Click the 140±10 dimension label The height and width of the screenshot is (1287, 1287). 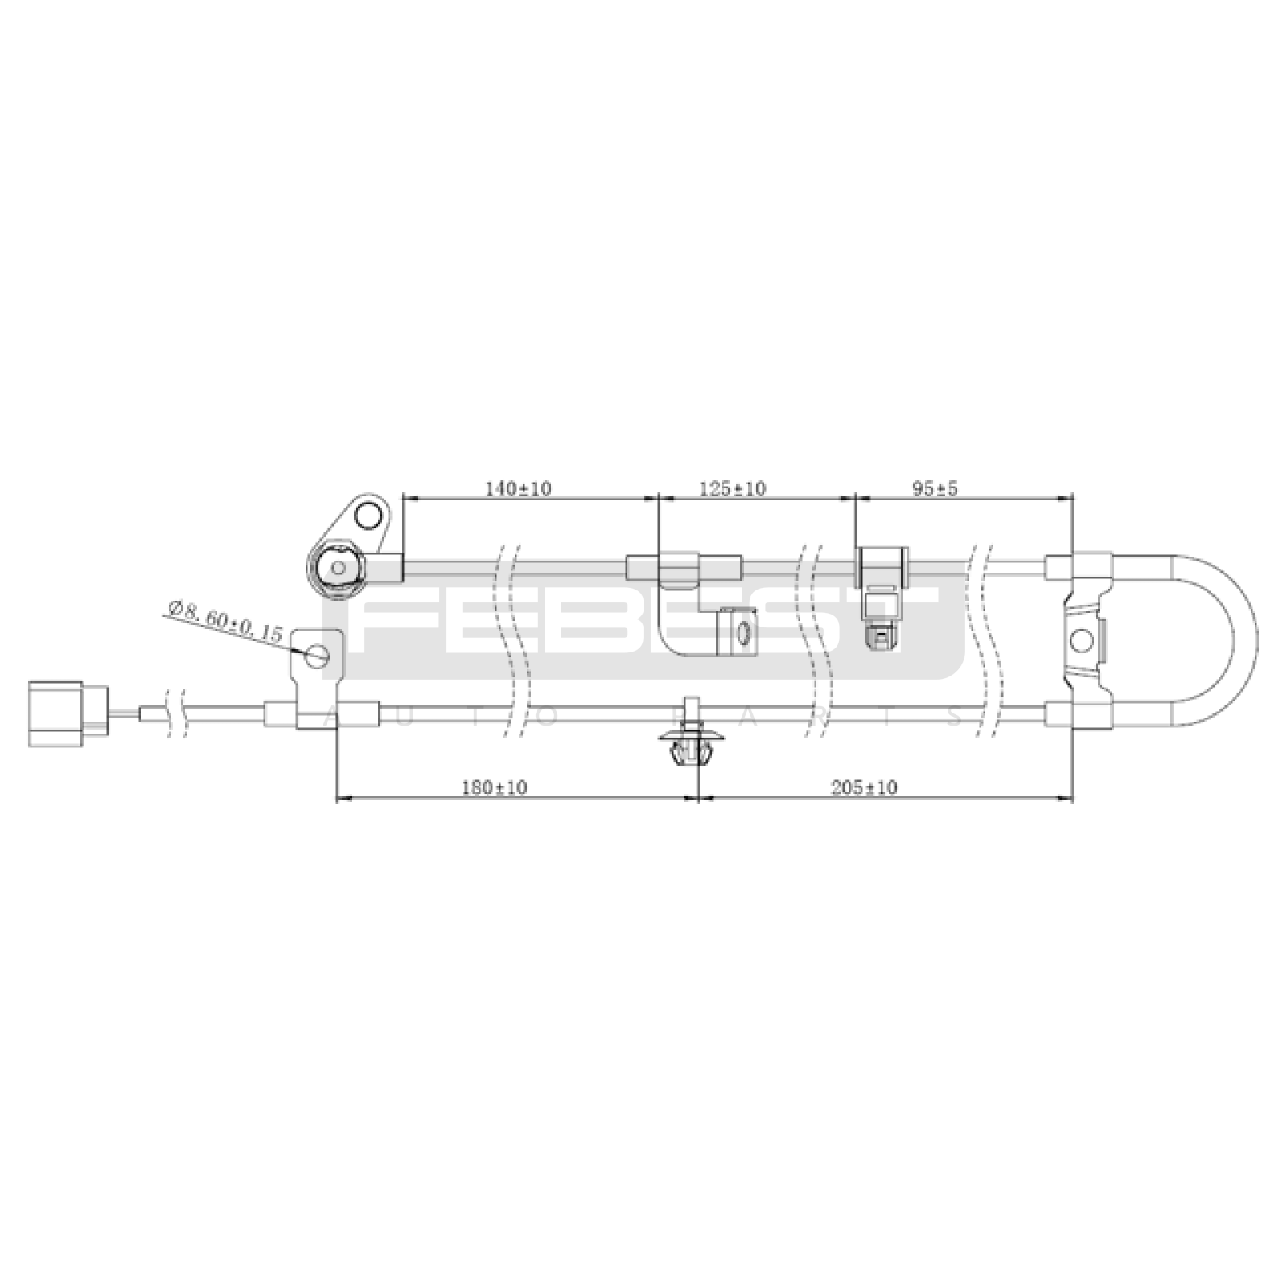point(518,488)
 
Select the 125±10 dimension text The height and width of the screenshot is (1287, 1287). point(734,488)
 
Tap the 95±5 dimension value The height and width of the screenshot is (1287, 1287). point(935,488)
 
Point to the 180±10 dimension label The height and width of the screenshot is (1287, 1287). point(495,787)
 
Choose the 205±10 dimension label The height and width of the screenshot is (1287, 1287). point(864,787)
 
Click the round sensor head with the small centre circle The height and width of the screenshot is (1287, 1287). point(339,568)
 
